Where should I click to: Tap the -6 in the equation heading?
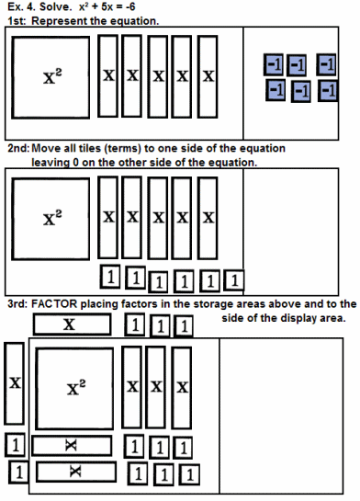129,6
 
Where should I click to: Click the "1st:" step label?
17,21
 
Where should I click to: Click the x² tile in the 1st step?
51,77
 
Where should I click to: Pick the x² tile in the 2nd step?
51,219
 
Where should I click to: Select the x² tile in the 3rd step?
74,389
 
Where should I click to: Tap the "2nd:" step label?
18,149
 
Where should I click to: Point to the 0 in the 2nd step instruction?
75,163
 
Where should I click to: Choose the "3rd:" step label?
17,304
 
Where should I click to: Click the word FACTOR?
54,304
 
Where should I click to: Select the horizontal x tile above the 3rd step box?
73,325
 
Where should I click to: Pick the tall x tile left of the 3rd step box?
15,383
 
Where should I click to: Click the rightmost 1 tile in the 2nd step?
234,280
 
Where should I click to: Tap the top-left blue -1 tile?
274,64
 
